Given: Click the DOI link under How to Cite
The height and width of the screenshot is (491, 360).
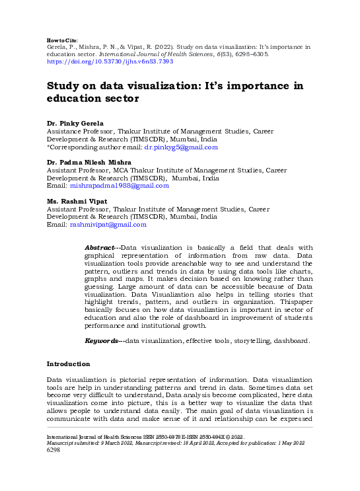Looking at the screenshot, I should click(x=110, y=61).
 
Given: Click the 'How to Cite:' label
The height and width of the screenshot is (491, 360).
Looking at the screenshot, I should click(x=63, y=40).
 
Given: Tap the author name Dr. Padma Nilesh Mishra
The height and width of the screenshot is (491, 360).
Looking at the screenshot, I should click(x=88, y=162).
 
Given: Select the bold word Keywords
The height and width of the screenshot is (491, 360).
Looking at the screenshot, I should click(x=102, y=340).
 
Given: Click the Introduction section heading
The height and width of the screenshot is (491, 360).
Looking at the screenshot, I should click(x=68, y=364).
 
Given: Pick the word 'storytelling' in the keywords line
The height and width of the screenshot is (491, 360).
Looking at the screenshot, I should click(x=240, y=340).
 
